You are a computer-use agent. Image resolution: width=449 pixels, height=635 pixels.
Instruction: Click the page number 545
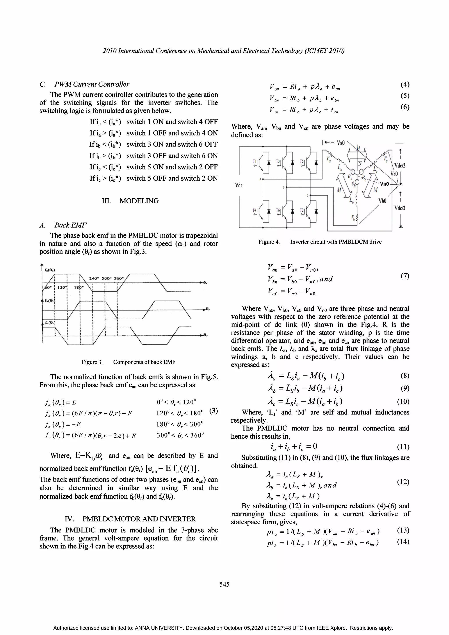click(x=224, y=584)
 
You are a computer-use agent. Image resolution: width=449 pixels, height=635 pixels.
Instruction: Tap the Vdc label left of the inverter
click(x=239, y=185)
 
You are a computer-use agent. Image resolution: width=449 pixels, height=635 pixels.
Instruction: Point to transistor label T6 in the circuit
click(x=278, y=211)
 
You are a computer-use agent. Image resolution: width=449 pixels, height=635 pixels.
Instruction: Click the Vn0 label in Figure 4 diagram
click(x=384, y=184)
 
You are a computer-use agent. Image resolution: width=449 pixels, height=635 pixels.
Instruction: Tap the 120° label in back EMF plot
click(x=62, y=287)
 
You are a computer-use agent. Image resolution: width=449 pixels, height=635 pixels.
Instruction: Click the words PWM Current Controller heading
click(x=92, y=84)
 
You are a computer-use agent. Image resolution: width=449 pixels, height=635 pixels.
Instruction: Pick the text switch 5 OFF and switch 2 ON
click(x=172, y=178)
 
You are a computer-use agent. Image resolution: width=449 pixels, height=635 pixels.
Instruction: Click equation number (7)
click(x=405, y=276)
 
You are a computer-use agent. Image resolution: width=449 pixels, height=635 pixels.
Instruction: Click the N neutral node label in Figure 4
click(x=360, y=164)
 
